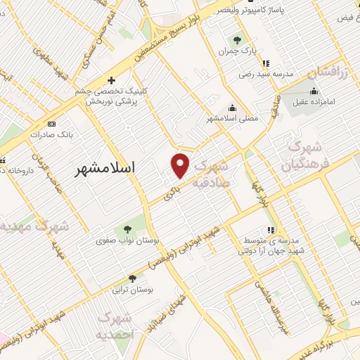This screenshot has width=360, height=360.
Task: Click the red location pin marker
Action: click(x=181, y=165)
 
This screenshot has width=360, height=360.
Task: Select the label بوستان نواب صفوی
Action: click(x=129, y=241)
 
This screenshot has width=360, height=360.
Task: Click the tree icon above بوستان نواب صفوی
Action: click(x=128, y=229)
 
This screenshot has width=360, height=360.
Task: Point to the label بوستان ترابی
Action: click(x=136, y=289)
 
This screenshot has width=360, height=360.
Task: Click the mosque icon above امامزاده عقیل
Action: click(x=314, y=91)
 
